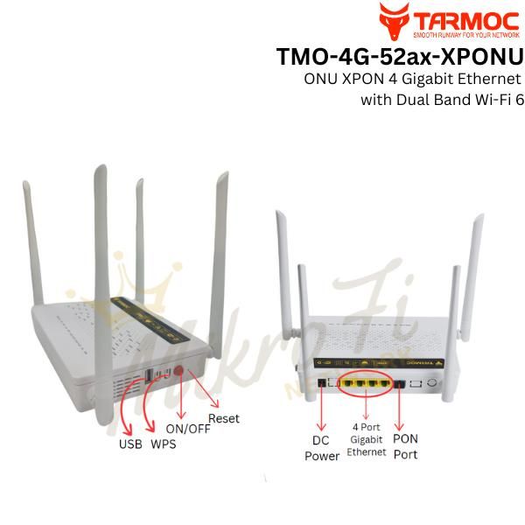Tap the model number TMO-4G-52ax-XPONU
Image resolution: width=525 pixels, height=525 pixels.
pyautogui.click(x=399, y=57)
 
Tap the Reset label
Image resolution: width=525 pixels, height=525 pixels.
pyautogui.click(x=224, y=417)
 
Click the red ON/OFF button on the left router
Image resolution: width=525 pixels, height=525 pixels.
pyautogui.click(x=180, y=374)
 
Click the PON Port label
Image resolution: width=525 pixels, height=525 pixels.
pyautogui.click(x=404, y=446)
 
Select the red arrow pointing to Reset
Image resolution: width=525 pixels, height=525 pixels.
pyautogui.click(x=205, y=394)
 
